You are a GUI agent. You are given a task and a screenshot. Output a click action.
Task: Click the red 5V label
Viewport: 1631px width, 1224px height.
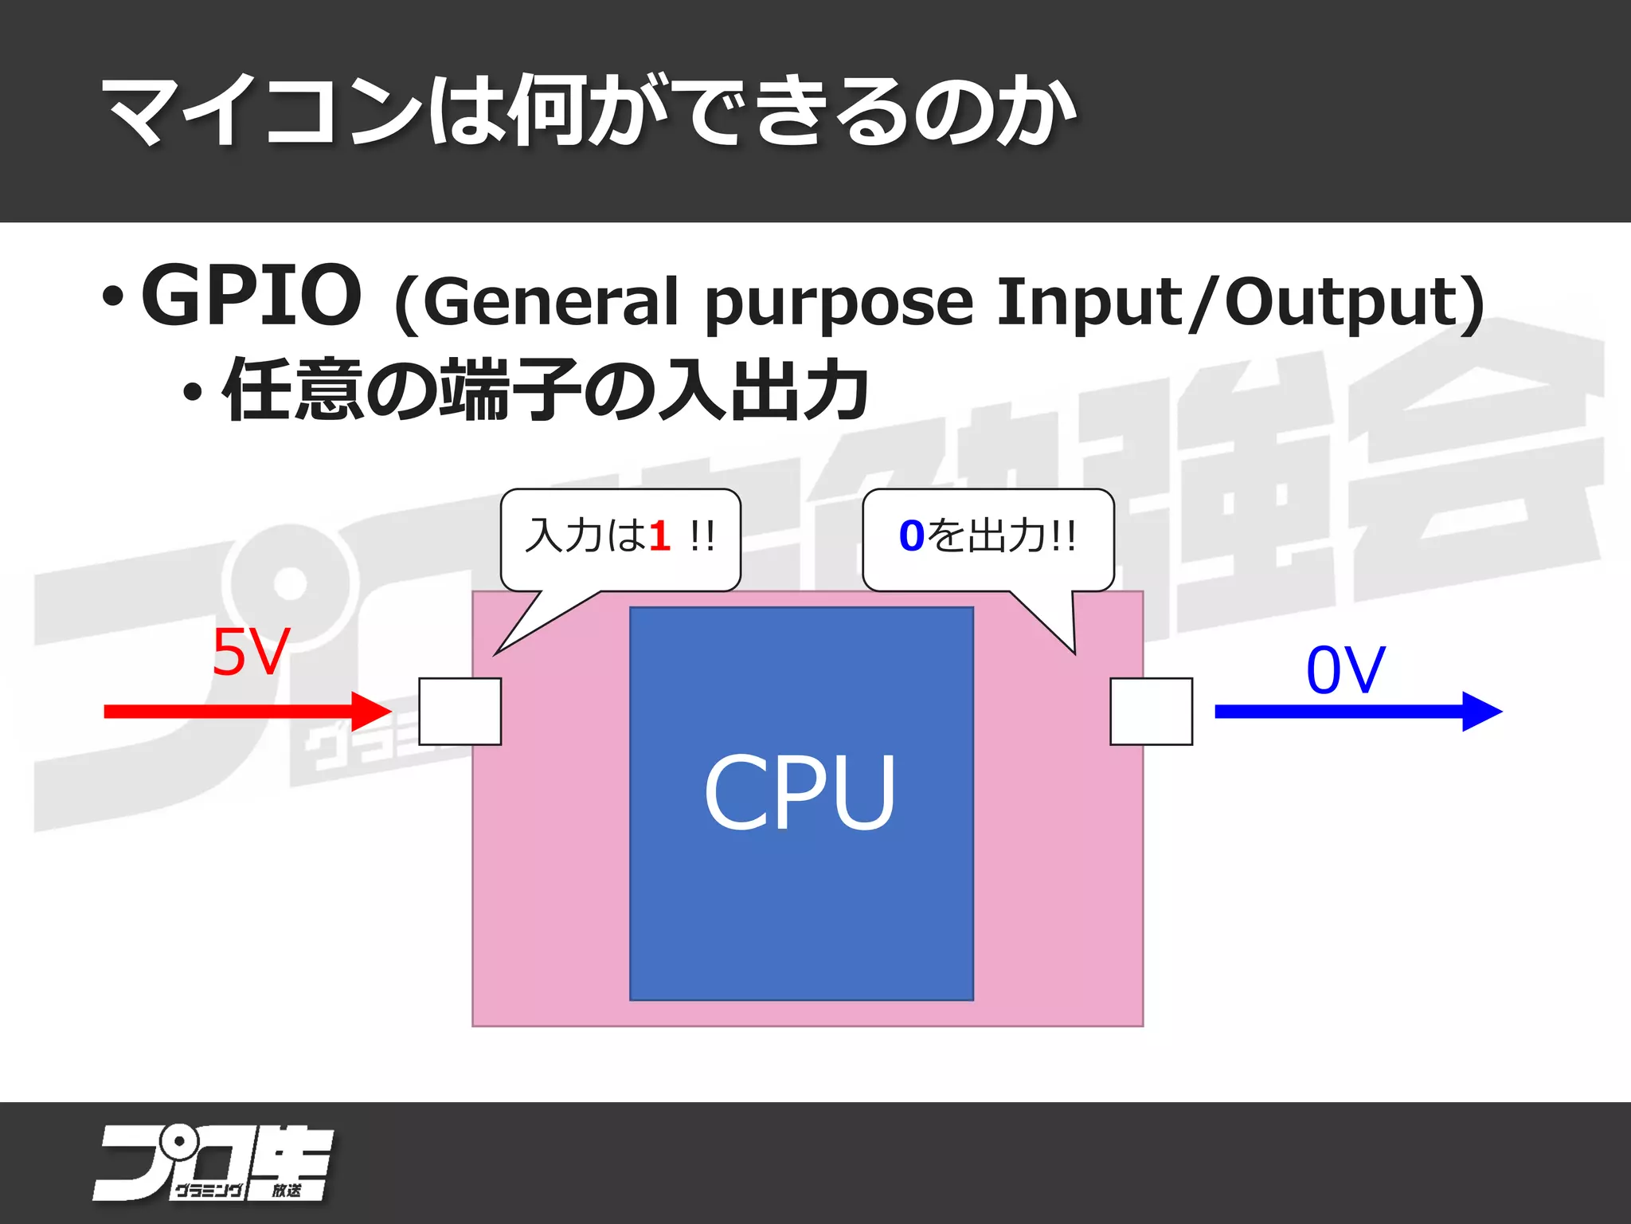[250, 652]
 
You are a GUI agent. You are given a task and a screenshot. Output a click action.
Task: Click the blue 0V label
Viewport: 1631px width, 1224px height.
[1346, 670]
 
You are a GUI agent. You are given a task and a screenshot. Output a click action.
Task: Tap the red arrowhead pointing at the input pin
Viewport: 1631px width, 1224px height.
[371, 711]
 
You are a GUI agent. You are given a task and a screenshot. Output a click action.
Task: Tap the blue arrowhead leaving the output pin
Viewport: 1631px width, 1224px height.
[1481, 711]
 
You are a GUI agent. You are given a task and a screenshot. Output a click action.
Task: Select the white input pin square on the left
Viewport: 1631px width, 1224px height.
[460, 711]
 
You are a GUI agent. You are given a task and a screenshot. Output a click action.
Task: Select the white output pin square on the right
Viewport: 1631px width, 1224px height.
[1151, 711]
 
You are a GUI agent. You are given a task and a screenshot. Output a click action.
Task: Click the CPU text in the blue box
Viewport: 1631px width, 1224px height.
[800, 793]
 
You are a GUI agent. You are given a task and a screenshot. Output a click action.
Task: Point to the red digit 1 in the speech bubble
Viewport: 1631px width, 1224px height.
[659, 535]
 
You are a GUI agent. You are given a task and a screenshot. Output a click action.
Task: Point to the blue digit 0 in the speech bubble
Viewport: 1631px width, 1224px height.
[911, 535]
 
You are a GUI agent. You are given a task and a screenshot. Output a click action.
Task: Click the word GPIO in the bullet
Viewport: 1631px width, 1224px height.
[251, 296]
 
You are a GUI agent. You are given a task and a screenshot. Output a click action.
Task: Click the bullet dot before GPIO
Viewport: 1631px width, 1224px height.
[113, 297]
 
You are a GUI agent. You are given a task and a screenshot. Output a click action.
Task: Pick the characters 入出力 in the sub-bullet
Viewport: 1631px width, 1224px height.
[765, 390]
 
